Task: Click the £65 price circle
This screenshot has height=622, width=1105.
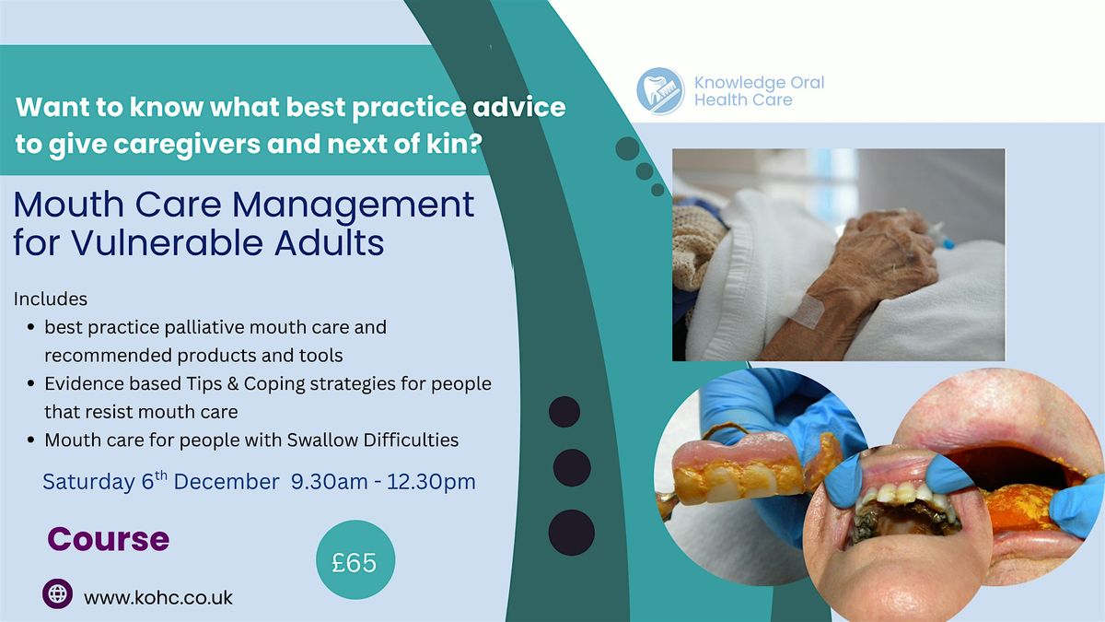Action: (x=355, y=560)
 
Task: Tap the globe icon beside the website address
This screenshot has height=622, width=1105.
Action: (x=57, y=593)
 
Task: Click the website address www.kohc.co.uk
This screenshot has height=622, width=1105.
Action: (x=157, y=597)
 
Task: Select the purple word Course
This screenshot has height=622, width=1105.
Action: (x=109, y=538)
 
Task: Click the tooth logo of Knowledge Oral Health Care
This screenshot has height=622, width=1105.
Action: (x=660, y=91)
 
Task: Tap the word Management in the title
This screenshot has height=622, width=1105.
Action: (x=354, y=205)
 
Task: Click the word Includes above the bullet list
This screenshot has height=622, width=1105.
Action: (x=51, y=299)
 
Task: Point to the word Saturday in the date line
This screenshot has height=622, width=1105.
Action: (x=88, y=482)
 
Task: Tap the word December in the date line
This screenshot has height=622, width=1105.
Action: (x=227, y=482)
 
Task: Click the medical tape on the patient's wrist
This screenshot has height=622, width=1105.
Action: (x=807, y=311)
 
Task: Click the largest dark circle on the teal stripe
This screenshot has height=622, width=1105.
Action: (x=572, y=533)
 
